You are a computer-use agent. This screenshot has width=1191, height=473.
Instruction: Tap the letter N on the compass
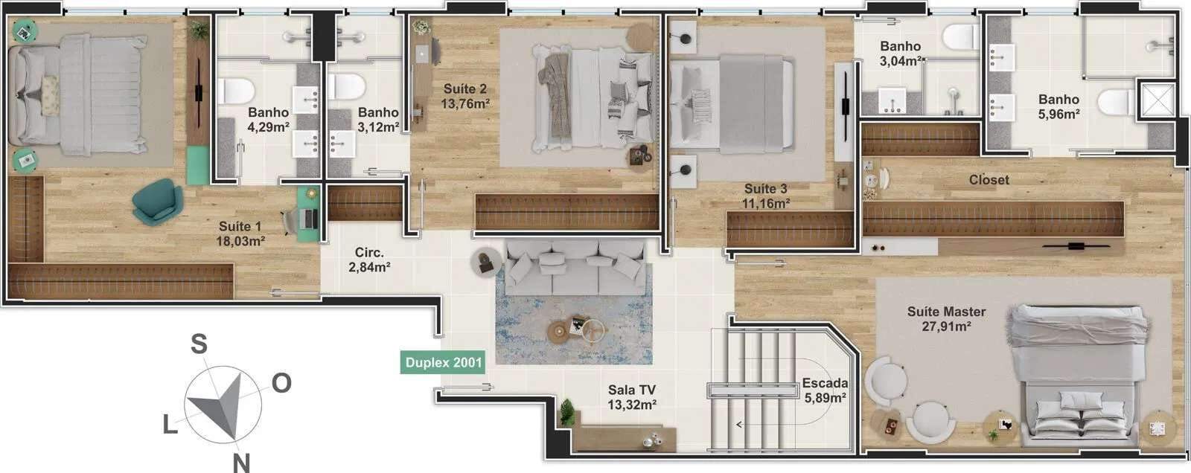[241, 463]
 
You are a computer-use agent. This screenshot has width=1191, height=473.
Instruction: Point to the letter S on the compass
[199, 344]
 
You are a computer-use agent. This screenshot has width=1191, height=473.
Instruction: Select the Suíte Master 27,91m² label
[946, 319]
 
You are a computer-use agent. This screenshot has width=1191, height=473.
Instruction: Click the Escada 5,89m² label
[826, 390]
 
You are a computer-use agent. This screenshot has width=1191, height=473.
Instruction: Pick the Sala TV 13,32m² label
[632, 397]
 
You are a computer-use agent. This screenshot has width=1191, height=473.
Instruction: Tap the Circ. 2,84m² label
[369, 260]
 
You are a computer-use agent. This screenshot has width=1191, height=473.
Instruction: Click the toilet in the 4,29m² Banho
[235, 90]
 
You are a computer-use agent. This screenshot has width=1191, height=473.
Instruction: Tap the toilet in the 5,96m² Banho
[1117, 102]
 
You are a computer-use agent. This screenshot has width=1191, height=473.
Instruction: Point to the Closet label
[989, 180]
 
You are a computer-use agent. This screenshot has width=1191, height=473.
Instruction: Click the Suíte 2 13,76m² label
[464, 96]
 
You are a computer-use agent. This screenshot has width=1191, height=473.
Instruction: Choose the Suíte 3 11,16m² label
[766, 196]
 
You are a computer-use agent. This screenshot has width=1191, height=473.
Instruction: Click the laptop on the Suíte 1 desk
[310, 218]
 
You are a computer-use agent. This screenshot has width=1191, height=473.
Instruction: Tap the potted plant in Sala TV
[567, 413]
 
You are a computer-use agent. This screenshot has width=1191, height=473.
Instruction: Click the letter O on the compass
[282, 383]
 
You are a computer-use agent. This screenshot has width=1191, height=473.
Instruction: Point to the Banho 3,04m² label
[900, 54]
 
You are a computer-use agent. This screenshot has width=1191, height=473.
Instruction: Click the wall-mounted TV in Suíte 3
[845, 106]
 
